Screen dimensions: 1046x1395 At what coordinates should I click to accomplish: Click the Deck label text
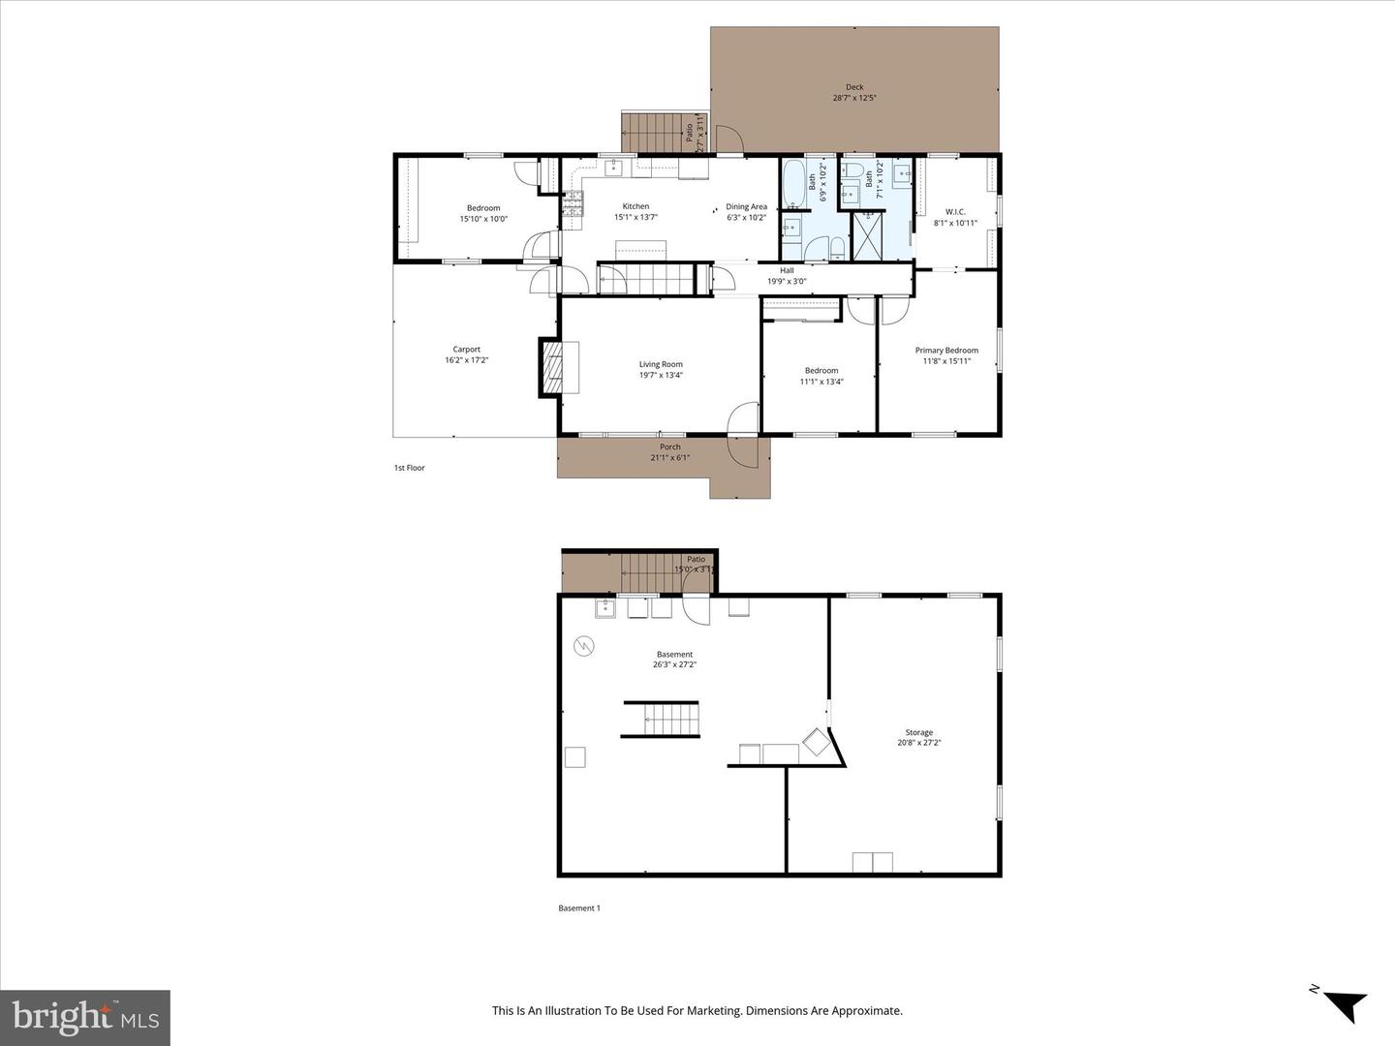tap(853, 87)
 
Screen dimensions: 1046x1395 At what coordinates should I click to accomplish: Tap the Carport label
tap(466, 350)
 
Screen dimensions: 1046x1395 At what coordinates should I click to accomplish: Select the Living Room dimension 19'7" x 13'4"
tap(661, 376)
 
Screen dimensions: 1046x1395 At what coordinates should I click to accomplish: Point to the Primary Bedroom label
tap(946, 351)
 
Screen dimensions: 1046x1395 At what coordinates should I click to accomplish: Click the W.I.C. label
tap(955, 212)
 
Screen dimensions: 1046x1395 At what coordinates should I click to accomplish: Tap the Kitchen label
tap(635, 206)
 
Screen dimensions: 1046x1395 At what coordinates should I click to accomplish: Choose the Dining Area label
tap(746, 206)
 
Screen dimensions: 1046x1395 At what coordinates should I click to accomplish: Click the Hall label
tap(787, 271)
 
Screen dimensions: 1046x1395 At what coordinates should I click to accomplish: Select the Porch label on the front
tap(670, 447)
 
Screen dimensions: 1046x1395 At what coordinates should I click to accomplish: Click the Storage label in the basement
tap(919, 733)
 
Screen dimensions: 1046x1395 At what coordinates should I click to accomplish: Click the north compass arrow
tap(1341, 1003)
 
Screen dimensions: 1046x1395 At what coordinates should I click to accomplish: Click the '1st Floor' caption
tap(409, 468)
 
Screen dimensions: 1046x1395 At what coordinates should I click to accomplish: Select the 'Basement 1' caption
tap(579, 908)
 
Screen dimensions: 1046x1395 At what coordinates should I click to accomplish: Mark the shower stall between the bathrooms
tap(867, 235)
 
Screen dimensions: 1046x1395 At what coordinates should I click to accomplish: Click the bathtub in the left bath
tap(792, 184)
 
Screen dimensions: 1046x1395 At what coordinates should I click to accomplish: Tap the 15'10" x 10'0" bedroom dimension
tap(483, 219)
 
